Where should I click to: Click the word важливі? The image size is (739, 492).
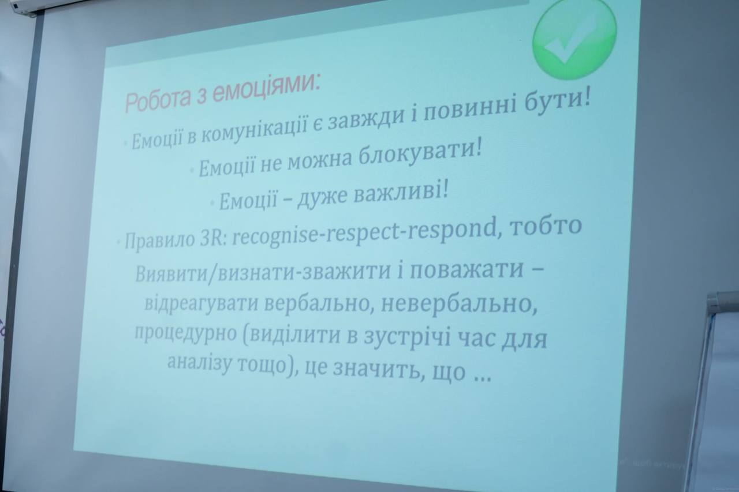click(x=401, y=193)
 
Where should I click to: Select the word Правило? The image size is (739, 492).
click(x=159, y=241)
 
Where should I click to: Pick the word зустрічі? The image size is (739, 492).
click(x=407, y=336)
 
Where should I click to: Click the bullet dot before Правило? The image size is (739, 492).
click(x=118, y=242)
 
